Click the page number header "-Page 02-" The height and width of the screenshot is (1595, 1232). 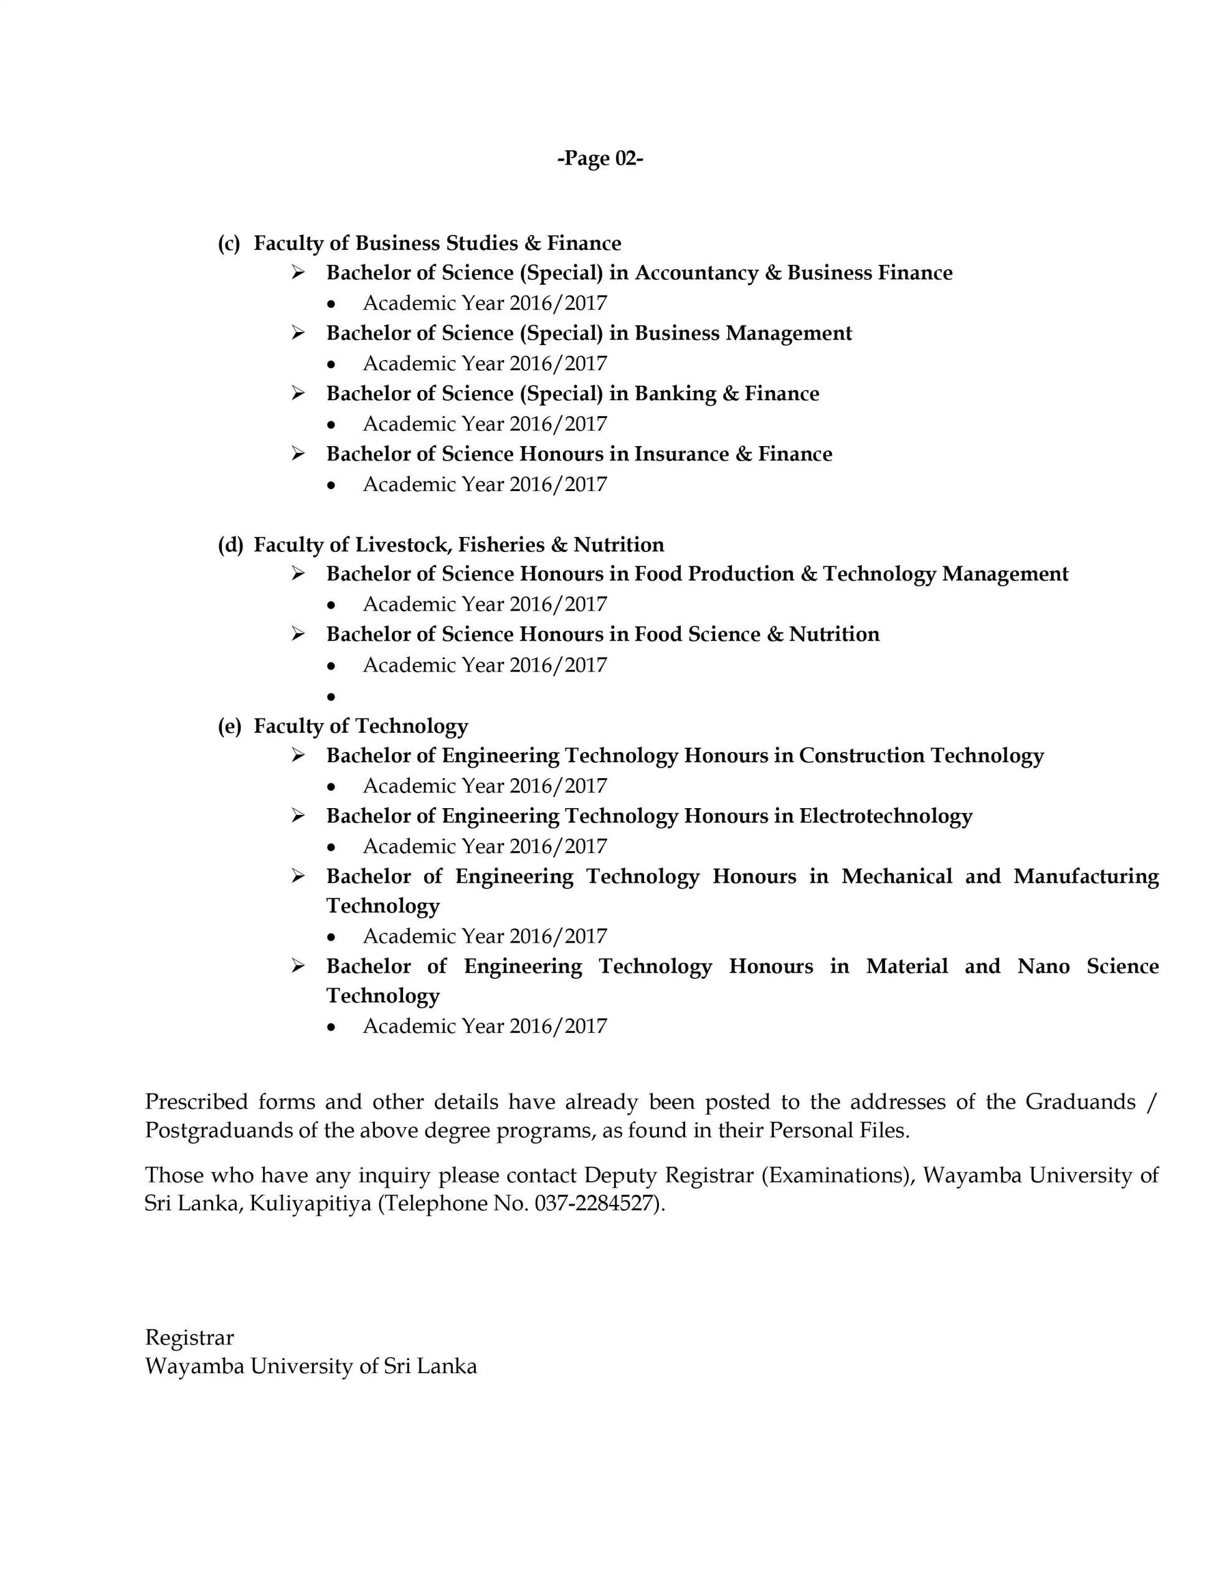coord(600,158)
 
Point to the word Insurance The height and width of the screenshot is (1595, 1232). coord(681,454)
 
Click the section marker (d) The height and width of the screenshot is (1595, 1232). coord(230,545)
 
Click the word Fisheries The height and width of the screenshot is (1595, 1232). coord(502,545)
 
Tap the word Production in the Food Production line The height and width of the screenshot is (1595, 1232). coord(741,574)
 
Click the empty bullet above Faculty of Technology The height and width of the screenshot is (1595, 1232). coord(331,697)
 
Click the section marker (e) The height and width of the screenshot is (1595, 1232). coord(229,726)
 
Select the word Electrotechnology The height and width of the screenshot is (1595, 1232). coord(886,816)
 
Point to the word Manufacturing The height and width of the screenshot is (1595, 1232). coord(1086,877)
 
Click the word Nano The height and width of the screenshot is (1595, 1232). coord(1043,966)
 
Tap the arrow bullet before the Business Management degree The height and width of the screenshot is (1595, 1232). coord(298,333)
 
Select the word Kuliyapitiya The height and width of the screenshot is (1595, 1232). coord(311,1203)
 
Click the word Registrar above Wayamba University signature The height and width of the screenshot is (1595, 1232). coord(189,1337)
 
